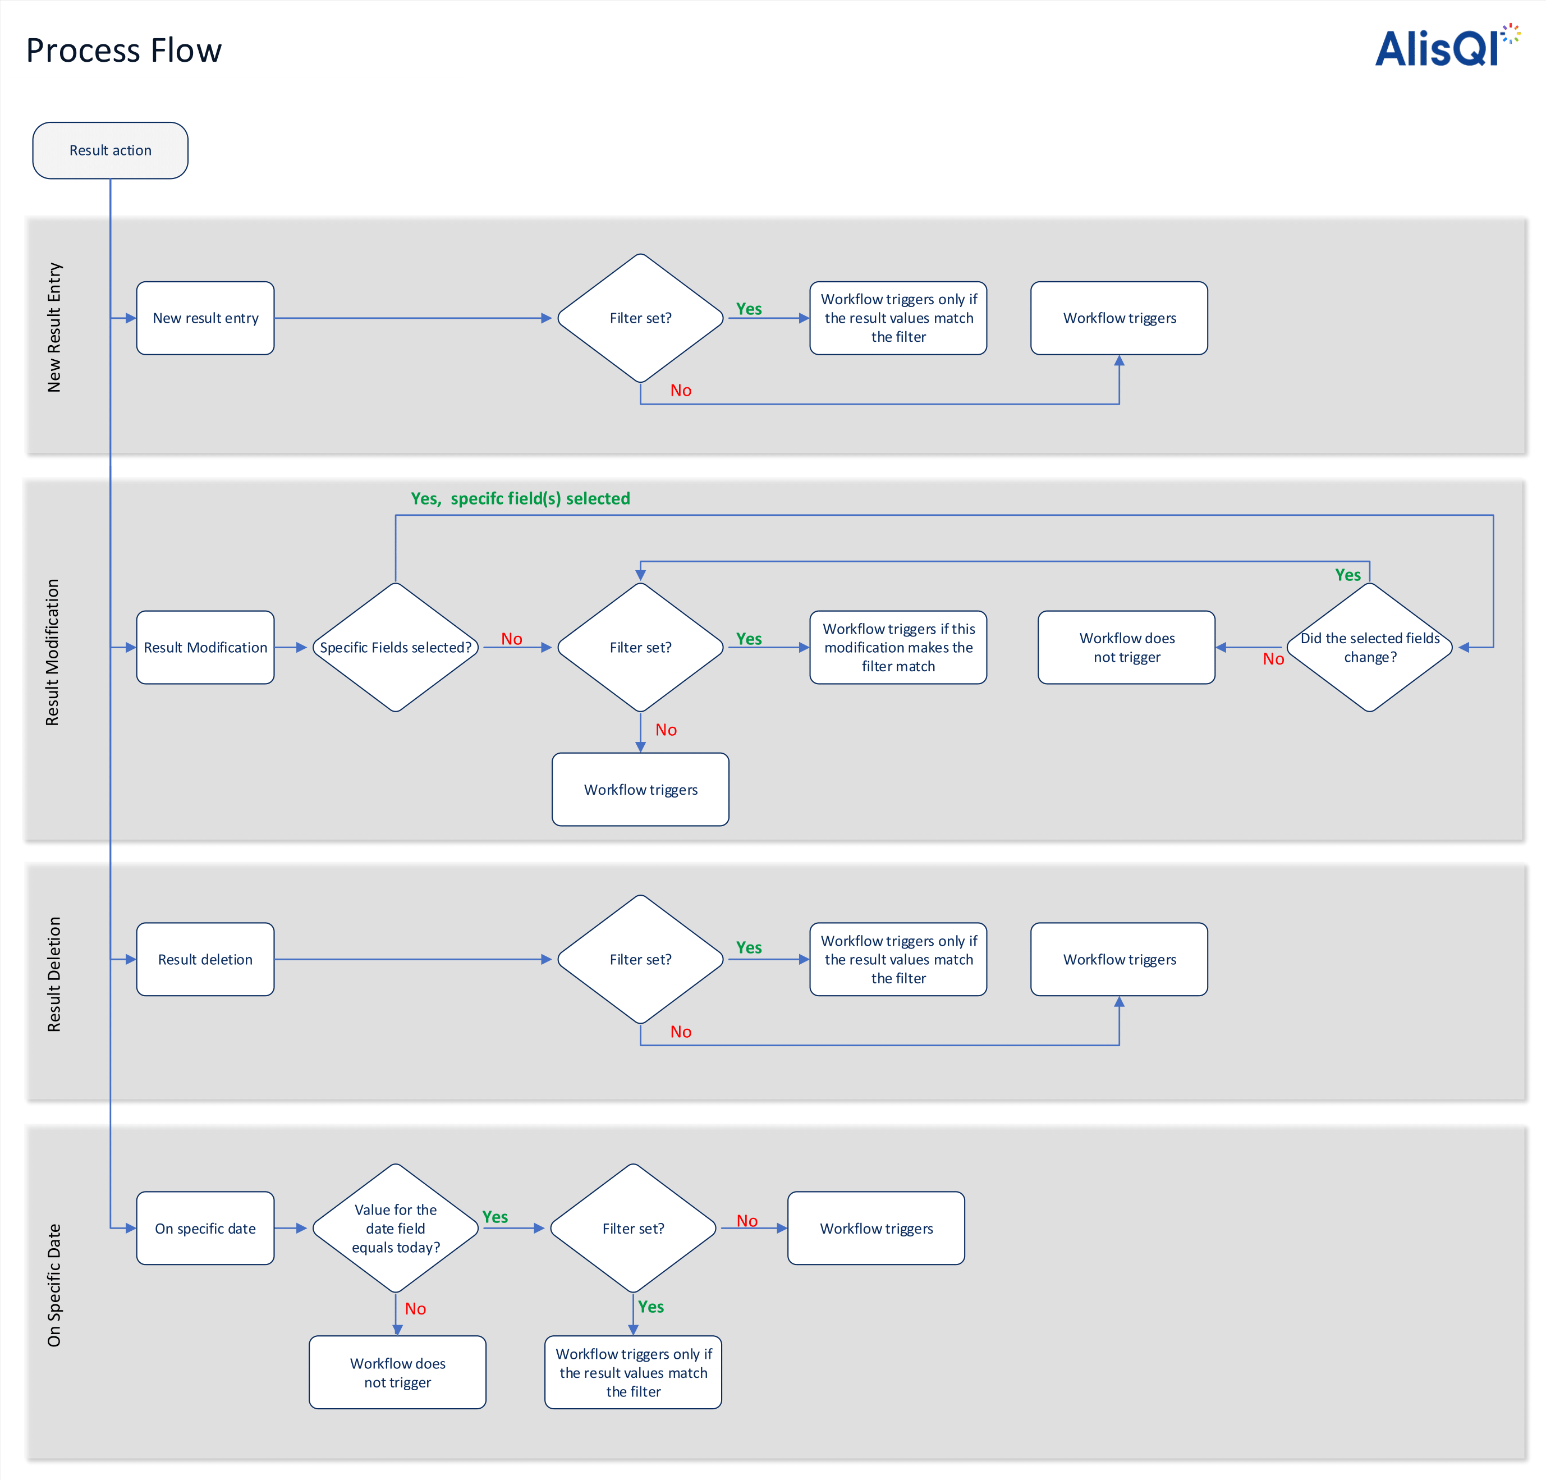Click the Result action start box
[x=111, y=150]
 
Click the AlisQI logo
[x=1443, y=47]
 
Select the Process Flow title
[x=124, y=51]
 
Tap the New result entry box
[x=205, y=318]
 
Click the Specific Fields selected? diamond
[x=395, y=647]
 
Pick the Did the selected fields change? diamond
[x=1370, y=647]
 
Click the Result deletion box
[x=205, y=959]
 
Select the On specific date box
[x=205, y=1229]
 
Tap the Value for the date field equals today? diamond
[x=395, y=1229]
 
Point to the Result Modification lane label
[x=53, y=652]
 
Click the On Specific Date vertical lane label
[x=54, y=1285]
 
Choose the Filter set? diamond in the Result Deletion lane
[x=640, y=959]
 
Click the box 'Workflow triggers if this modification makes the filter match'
[x=898, y=647]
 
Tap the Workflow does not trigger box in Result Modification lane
[x=1126, y=647]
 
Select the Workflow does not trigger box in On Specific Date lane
[x=397, y=1373]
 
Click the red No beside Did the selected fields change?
[x=1273, y=659]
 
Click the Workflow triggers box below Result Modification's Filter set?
[x=640, y=790]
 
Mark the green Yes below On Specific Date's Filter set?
[x=651, y=1307]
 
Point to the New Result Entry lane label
[x=54, y=327]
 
